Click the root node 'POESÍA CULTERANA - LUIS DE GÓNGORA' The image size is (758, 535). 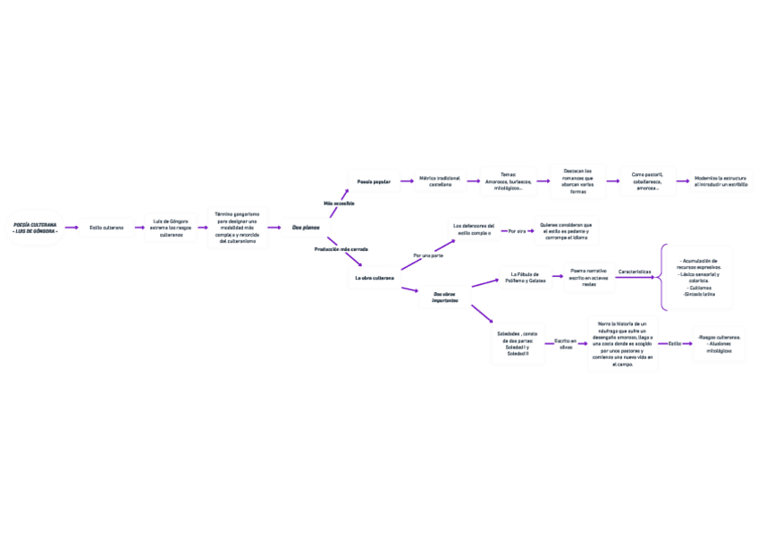click(36, 228)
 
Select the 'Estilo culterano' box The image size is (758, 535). click(106, 228)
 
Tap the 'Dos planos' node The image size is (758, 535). click(306, 228)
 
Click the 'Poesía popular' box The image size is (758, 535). click(374, 182)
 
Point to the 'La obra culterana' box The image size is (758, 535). click(374, 279)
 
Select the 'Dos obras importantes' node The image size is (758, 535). click(444, 297)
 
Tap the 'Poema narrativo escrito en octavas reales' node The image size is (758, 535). click(589, 278)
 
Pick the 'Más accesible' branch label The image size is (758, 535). click(339, 204)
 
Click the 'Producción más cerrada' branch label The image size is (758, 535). click(341, 249)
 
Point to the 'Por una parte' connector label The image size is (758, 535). click(428, 255)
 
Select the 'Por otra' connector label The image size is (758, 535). click(516, 230)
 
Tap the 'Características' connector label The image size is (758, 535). click(635, 271)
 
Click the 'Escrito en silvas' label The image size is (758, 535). click(566, 344)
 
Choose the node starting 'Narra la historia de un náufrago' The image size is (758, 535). click(622, 344)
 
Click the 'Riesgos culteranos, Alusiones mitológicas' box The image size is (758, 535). click(720, 344)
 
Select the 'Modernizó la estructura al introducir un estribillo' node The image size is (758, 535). click(721, 182)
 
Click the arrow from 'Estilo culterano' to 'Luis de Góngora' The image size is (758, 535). click(139, 228)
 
